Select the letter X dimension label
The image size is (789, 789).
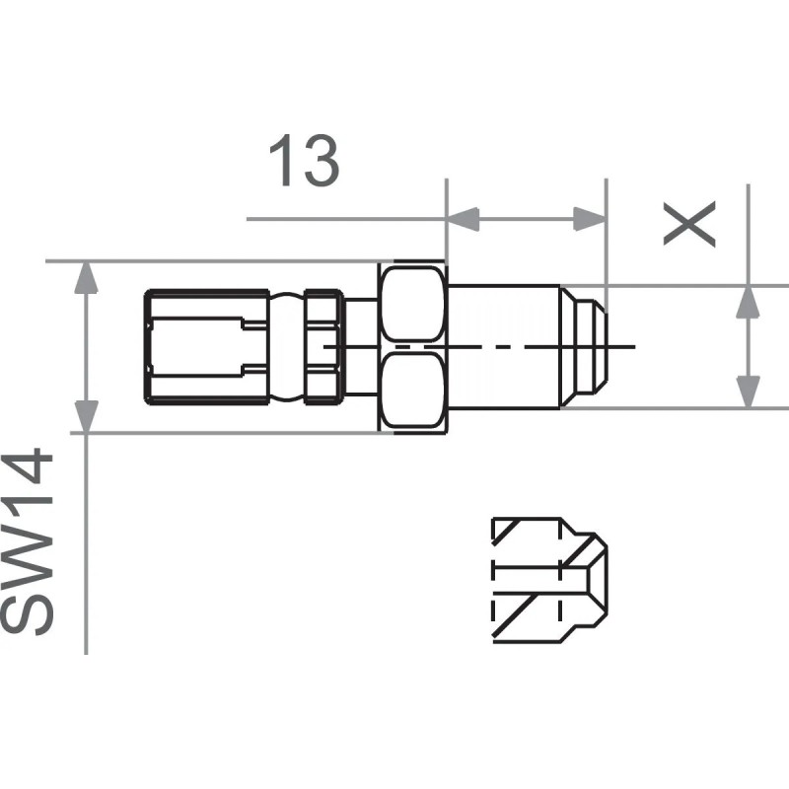point(687,226)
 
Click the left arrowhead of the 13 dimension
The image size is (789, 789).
point(461,219)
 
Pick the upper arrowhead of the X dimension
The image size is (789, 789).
point(750,301)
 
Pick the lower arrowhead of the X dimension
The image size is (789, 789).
point(750,392)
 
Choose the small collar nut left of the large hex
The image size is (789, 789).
point(323,347)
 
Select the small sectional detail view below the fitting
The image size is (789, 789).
point(548,580)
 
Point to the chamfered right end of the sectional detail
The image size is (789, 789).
point(595,580)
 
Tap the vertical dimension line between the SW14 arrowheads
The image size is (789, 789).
point(88,347)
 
